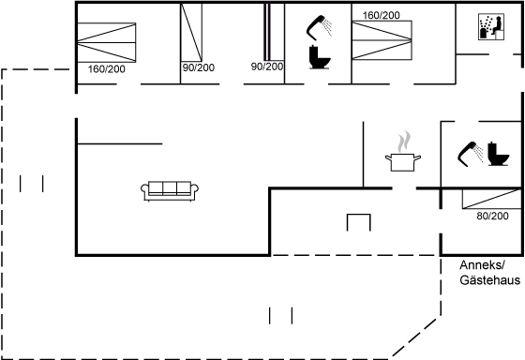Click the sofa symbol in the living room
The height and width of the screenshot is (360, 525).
(x=170, y=191)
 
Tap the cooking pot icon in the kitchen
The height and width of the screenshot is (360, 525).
(x=403, y=162)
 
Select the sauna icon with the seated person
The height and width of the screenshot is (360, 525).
(x=491, y=27)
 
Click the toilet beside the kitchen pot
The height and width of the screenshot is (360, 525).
(x=498, y=154)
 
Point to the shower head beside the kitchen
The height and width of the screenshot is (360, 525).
(x=470, y=154)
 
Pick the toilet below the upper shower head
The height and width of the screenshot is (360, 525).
(x=320, y=57)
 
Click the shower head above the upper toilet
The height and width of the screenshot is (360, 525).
(x=319, y=27)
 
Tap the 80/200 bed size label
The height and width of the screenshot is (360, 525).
(x=492, y=216)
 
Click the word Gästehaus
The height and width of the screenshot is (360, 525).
(x=489, y=280)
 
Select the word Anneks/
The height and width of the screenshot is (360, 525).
(x=482, y=265)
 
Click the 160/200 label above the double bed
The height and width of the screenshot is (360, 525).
(x=381, y=15)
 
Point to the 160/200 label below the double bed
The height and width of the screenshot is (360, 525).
(x=107, y=69)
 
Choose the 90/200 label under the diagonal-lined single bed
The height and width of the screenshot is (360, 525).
(x=199, y=67)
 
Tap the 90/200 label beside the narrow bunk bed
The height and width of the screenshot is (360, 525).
(x=267, y=67)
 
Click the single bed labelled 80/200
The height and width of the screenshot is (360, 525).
(x=492, y=199)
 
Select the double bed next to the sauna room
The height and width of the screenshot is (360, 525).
(x=382, y=40)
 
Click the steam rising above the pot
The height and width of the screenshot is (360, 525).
(x=404, y=142)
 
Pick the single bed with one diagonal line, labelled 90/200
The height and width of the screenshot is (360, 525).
(x=191, y=33)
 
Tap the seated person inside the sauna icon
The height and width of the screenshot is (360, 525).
(x=497, y=26)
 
